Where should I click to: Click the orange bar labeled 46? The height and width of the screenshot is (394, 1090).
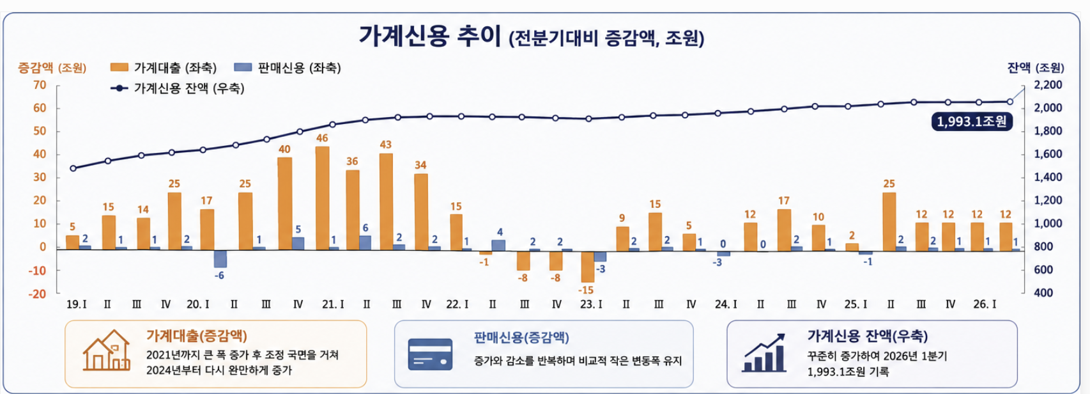click(322, 198)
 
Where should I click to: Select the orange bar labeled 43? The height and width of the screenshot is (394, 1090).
click(386, 201)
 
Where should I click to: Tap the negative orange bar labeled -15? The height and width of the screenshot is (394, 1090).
click(588, 267)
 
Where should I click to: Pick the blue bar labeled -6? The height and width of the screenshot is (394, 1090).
click(220, 258)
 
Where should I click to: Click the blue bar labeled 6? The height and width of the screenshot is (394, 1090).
click(365, 243)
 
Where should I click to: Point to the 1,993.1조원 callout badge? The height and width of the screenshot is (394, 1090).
click(972, 122)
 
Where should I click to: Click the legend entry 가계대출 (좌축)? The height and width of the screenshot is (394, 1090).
click(164, 68)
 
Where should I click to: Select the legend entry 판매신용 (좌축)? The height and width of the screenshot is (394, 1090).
click(288, 68)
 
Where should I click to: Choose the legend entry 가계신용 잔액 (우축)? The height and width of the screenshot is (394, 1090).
click(178, 88)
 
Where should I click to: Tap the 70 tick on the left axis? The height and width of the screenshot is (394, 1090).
click(40, 85)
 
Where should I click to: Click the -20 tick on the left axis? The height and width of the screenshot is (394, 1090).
click(37, 294)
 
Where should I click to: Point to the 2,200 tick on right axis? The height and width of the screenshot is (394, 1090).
click(1048, 85)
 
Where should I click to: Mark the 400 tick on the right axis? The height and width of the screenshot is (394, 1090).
click(1043, 293)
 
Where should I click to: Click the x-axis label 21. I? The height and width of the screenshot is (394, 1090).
click(333, 304)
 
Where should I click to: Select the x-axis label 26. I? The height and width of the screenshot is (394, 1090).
click(985, 304)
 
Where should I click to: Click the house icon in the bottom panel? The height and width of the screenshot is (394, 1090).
click(107, 350)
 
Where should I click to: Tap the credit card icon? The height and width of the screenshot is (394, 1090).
click(430, 354)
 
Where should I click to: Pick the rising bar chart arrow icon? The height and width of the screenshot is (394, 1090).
click(764, 353)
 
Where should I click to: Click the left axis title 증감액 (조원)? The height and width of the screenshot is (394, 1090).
click(52, 68)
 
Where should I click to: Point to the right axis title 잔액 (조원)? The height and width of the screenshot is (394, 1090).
click(1036, 68)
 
